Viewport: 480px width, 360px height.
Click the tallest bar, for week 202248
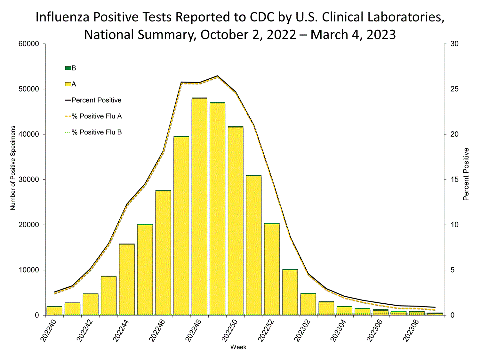(x=199, y=206)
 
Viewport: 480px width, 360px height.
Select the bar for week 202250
(x=236, y=221)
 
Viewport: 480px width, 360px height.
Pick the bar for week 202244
(x=127, y=279)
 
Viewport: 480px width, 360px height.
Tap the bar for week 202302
(x=308, y=304)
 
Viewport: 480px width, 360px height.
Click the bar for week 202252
(x=272, y=269)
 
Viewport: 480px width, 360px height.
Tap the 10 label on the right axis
(x=454, y=225)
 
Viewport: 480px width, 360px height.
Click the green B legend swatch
(x=68, y=68)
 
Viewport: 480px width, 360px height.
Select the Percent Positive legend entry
(x=96, y=100)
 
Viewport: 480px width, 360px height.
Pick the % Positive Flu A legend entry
(x=97, y=116)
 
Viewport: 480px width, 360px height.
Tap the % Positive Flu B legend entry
(x=97, y=132)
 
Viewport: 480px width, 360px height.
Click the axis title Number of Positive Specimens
(x=13, y=168)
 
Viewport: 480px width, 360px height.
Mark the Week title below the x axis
(x=238, y=347)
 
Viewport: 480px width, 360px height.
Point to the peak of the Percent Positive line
(x=218, y=76)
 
